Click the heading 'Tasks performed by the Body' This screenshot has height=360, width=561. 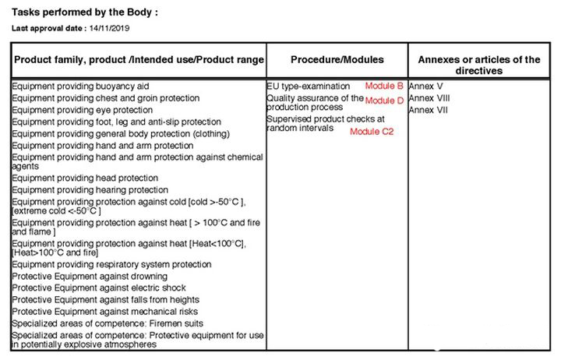[85, 13]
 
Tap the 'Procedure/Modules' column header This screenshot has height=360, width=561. [337, 59]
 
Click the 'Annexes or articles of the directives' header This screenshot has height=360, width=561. [479, 65]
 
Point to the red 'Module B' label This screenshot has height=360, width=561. [384, 86]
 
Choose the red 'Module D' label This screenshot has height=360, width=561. [384, 101]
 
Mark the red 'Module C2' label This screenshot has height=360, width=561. [372, 132]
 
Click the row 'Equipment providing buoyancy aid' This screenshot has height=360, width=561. [80, 86]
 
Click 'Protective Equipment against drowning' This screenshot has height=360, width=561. [90, 276]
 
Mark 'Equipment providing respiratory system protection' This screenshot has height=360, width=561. [112, 264]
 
